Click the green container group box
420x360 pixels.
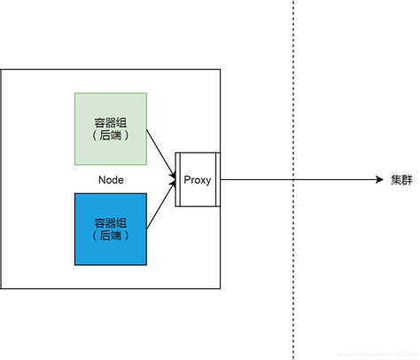110,129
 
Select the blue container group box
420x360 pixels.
110,229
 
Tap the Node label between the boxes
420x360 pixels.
111,180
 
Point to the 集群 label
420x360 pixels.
401,180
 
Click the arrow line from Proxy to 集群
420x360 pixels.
266,180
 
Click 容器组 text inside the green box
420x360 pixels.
110,122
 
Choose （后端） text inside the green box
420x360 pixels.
110,136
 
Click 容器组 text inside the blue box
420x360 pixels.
110,223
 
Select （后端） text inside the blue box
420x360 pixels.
110,236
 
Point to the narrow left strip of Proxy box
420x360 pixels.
179,180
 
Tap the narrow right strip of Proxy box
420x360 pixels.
216,180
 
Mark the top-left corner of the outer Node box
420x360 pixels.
2,69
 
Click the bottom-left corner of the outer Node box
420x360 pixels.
2,289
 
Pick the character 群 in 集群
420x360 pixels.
406,180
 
